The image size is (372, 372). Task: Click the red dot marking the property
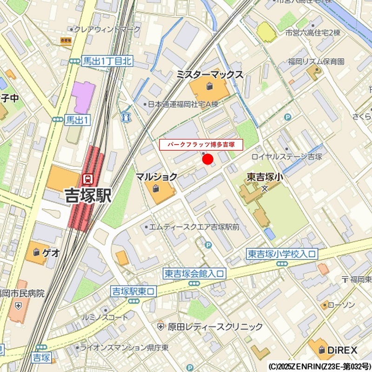[208, 159]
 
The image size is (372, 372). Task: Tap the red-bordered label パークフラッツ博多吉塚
[201, 145]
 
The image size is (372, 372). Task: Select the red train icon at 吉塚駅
[87, 178]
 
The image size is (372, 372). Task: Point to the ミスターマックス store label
[210, 74]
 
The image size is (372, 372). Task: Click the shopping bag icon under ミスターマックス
[210, 86]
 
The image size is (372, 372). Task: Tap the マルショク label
[156, 177]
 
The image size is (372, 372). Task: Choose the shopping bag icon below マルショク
[155, 188]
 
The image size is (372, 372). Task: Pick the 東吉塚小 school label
[265, 177]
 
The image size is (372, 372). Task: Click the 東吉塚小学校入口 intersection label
[281, 254]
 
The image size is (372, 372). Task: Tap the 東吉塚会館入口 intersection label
[194, 273]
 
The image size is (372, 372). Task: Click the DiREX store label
[342, 350]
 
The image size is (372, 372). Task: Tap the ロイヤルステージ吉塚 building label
[286, 157]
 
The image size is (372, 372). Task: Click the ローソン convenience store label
[341, 305]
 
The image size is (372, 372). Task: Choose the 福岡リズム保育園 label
[316, 61]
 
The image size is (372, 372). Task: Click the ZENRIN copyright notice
[319, 366]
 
